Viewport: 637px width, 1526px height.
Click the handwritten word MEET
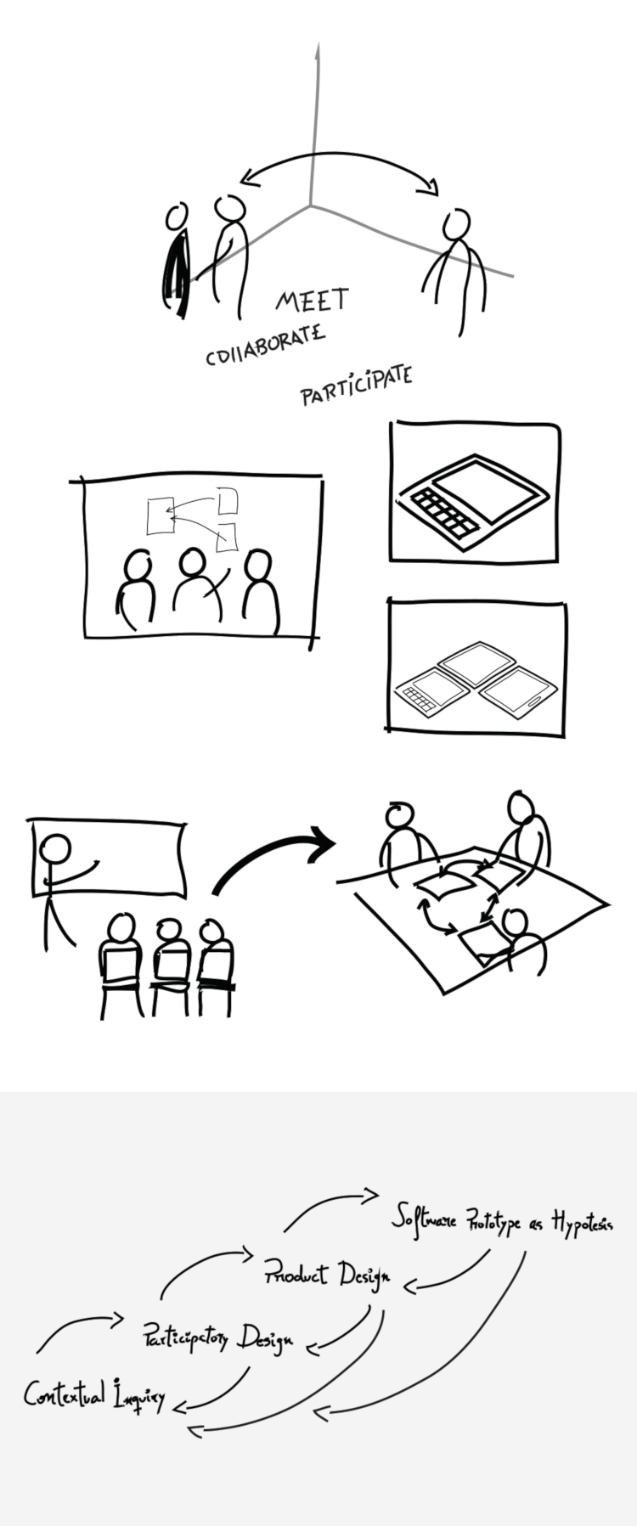click(x=313, y=300)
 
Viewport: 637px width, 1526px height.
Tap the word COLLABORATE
click(x=265, y=345)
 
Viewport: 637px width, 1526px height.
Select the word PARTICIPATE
click(x=357, y=386)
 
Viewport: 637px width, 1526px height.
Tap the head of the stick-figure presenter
click(x=56, y=850)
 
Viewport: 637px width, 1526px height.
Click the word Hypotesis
click(x=582, y=1223)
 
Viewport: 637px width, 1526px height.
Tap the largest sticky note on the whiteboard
click(x=160, y=516)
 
